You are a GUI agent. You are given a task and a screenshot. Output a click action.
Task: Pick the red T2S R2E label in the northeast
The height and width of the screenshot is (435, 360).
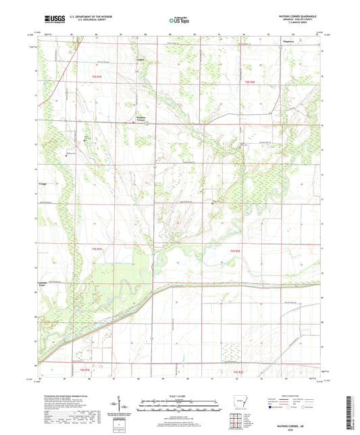250,81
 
